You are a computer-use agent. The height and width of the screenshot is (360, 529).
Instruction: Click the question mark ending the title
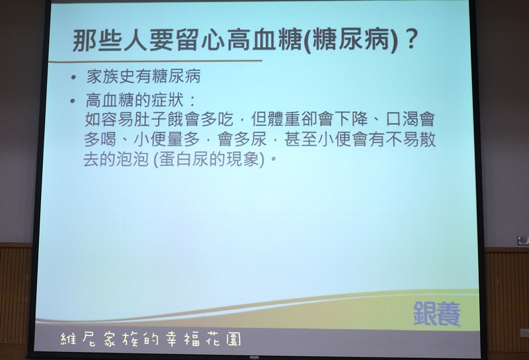(x=410, y=40)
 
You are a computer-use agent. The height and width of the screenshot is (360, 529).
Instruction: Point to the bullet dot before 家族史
(x=73, y=77)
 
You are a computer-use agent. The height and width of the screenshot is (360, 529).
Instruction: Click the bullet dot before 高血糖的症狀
(x=72, y=101)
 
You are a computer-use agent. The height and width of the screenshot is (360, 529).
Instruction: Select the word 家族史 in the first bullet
(x=111, y=76)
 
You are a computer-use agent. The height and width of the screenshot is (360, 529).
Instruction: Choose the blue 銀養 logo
(x=436, y=314)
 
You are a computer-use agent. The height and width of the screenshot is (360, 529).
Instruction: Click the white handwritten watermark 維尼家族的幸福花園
(x=151, y=339)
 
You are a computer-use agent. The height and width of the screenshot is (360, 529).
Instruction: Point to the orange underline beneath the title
(x=155, y=62)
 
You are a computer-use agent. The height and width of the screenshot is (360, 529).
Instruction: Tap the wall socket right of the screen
(x=525, y=333)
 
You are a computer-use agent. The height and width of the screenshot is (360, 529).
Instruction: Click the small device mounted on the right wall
(x=523, y=241)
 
